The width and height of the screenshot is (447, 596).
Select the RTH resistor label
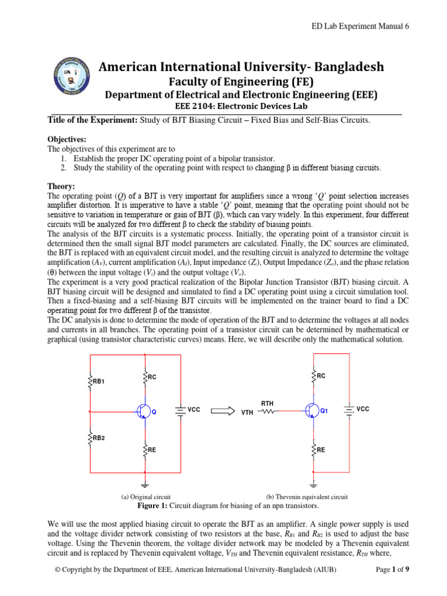coord(267,403)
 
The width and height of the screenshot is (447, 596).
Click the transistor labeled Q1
coord(313,410)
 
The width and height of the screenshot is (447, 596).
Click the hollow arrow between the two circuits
coord(222,410)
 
